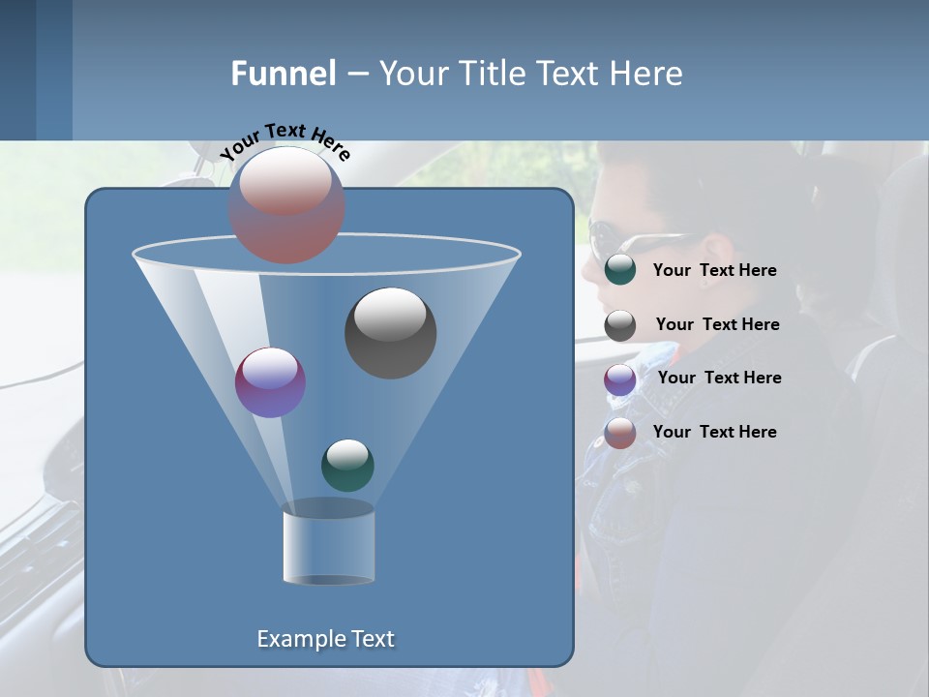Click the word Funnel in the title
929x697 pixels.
pyautogui.click(x=283, y=74)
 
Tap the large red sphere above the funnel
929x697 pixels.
pyautogui.click(x=286, y=204)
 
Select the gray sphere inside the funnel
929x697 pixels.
pyautogui.click(x=390, y=333)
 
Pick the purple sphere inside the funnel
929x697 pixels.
pyautogui.click(x=270, y=382)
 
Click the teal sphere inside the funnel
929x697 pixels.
pyautogui.click(x=347, y=465)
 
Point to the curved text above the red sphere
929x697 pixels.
pyautogui.click(x=285, y=139)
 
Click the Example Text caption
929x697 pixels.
pyautogui.click(x=325, y=639)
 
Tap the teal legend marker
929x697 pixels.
pyautogui.click(x=620, y=270)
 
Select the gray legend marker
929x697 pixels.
pyautogui.click(x=620, y=325)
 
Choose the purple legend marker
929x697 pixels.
pyautogui.click(x=620, y=379)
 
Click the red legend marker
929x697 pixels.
pyautogui.click(x=620, y=433)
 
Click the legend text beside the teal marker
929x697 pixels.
pyautogui.click(x=714, y=271)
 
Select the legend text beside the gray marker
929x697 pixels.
pyautogui.click(x=717, y=325)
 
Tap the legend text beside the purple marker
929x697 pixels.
pyautogui.click(x=719, y=379)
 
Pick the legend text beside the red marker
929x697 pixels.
pyautogui.click(x=714, y=432)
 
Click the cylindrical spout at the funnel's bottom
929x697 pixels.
pyautogui.click(x=328, y=543)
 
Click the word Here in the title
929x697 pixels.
pyautogui.click(x=647, y=74)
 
